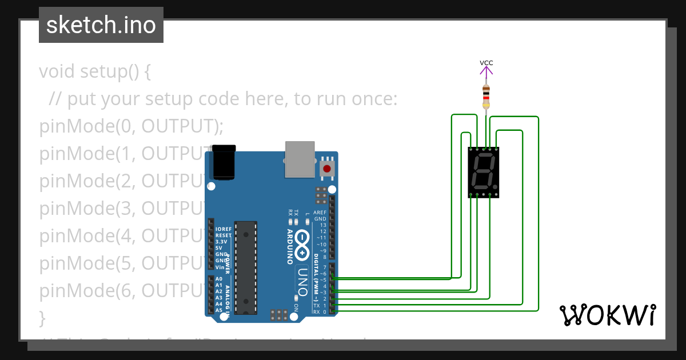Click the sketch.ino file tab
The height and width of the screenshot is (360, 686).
point(101,25)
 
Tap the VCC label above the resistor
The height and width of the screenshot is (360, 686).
point(486,63)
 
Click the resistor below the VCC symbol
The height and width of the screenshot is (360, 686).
point(486,97)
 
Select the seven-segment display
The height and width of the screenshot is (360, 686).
point(483,172)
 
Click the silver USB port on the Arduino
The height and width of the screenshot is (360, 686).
point(300,158)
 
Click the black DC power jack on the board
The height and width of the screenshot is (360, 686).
point(224,162)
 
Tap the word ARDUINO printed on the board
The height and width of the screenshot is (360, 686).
point(290,247)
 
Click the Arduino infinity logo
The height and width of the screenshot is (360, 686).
point(303,243)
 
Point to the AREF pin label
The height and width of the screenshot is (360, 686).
point(320,213)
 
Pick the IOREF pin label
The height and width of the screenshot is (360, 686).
point(224,229)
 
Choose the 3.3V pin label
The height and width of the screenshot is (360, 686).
point(221,242)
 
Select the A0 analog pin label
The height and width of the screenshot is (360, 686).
point(219,279)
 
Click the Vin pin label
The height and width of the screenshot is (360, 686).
point(220,267)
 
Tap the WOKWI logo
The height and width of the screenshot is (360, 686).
point(608,315)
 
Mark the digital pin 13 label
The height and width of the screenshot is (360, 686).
point(323,225)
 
